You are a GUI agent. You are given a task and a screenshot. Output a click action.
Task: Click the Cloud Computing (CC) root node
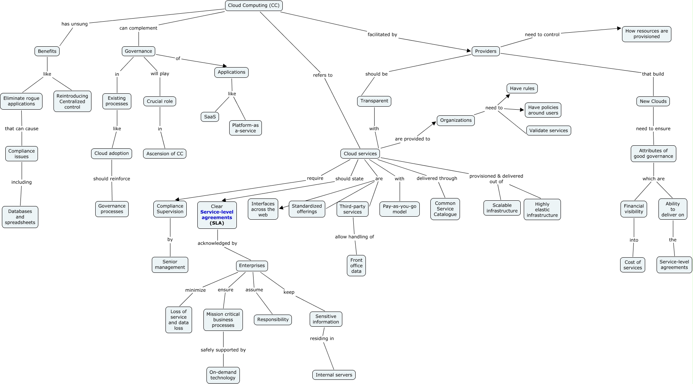click(254, 6)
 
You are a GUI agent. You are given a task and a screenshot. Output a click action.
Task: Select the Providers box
click(485, 51)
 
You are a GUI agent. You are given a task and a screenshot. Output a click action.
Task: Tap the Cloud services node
click(360, 154)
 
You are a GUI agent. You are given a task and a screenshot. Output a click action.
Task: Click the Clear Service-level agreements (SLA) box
click(217, 215)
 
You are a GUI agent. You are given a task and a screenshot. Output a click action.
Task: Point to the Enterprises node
click(252, 266)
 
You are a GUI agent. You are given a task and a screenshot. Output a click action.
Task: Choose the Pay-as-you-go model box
click(399, 209)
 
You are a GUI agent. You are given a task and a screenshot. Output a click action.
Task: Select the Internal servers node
click(334, 375)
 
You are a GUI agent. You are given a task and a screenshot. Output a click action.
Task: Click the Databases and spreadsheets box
click(20, 217)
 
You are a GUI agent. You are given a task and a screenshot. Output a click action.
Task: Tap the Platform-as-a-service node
click(245, 128)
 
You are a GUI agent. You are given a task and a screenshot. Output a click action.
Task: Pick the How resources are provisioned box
click(646, 34)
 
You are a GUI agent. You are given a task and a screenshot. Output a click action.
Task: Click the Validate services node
click(548, 131)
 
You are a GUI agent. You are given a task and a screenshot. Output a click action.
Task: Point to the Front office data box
click(356, 266)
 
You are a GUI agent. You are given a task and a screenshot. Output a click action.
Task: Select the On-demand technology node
click(223, 375)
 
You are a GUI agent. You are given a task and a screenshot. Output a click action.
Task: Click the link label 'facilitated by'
click(382, 35)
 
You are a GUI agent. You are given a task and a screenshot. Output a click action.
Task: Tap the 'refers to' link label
click(323, 75)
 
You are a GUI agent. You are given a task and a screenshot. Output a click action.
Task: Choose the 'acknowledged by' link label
click(217, 243)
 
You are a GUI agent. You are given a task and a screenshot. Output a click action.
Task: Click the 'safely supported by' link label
click(223, 350)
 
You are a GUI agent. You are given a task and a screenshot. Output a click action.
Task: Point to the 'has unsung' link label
click(74, 24)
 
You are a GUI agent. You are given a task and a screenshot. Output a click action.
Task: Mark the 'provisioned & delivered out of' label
click(496, 179)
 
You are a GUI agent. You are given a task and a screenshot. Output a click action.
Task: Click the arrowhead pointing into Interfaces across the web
click(281, 208)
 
